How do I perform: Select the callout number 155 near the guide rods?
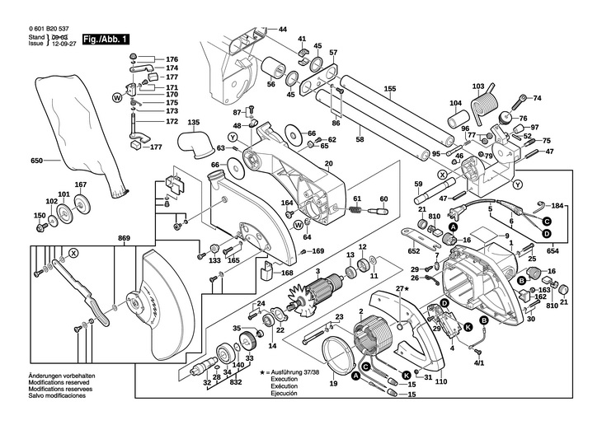389,89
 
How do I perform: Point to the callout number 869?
124,239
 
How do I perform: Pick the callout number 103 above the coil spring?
478,86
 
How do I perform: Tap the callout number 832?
237,383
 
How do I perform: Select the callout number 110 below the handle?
440,382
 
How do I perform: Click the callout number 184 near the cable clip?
557,204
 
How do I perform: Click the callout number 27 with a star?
402,288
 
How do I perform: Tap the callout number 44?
283,29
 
